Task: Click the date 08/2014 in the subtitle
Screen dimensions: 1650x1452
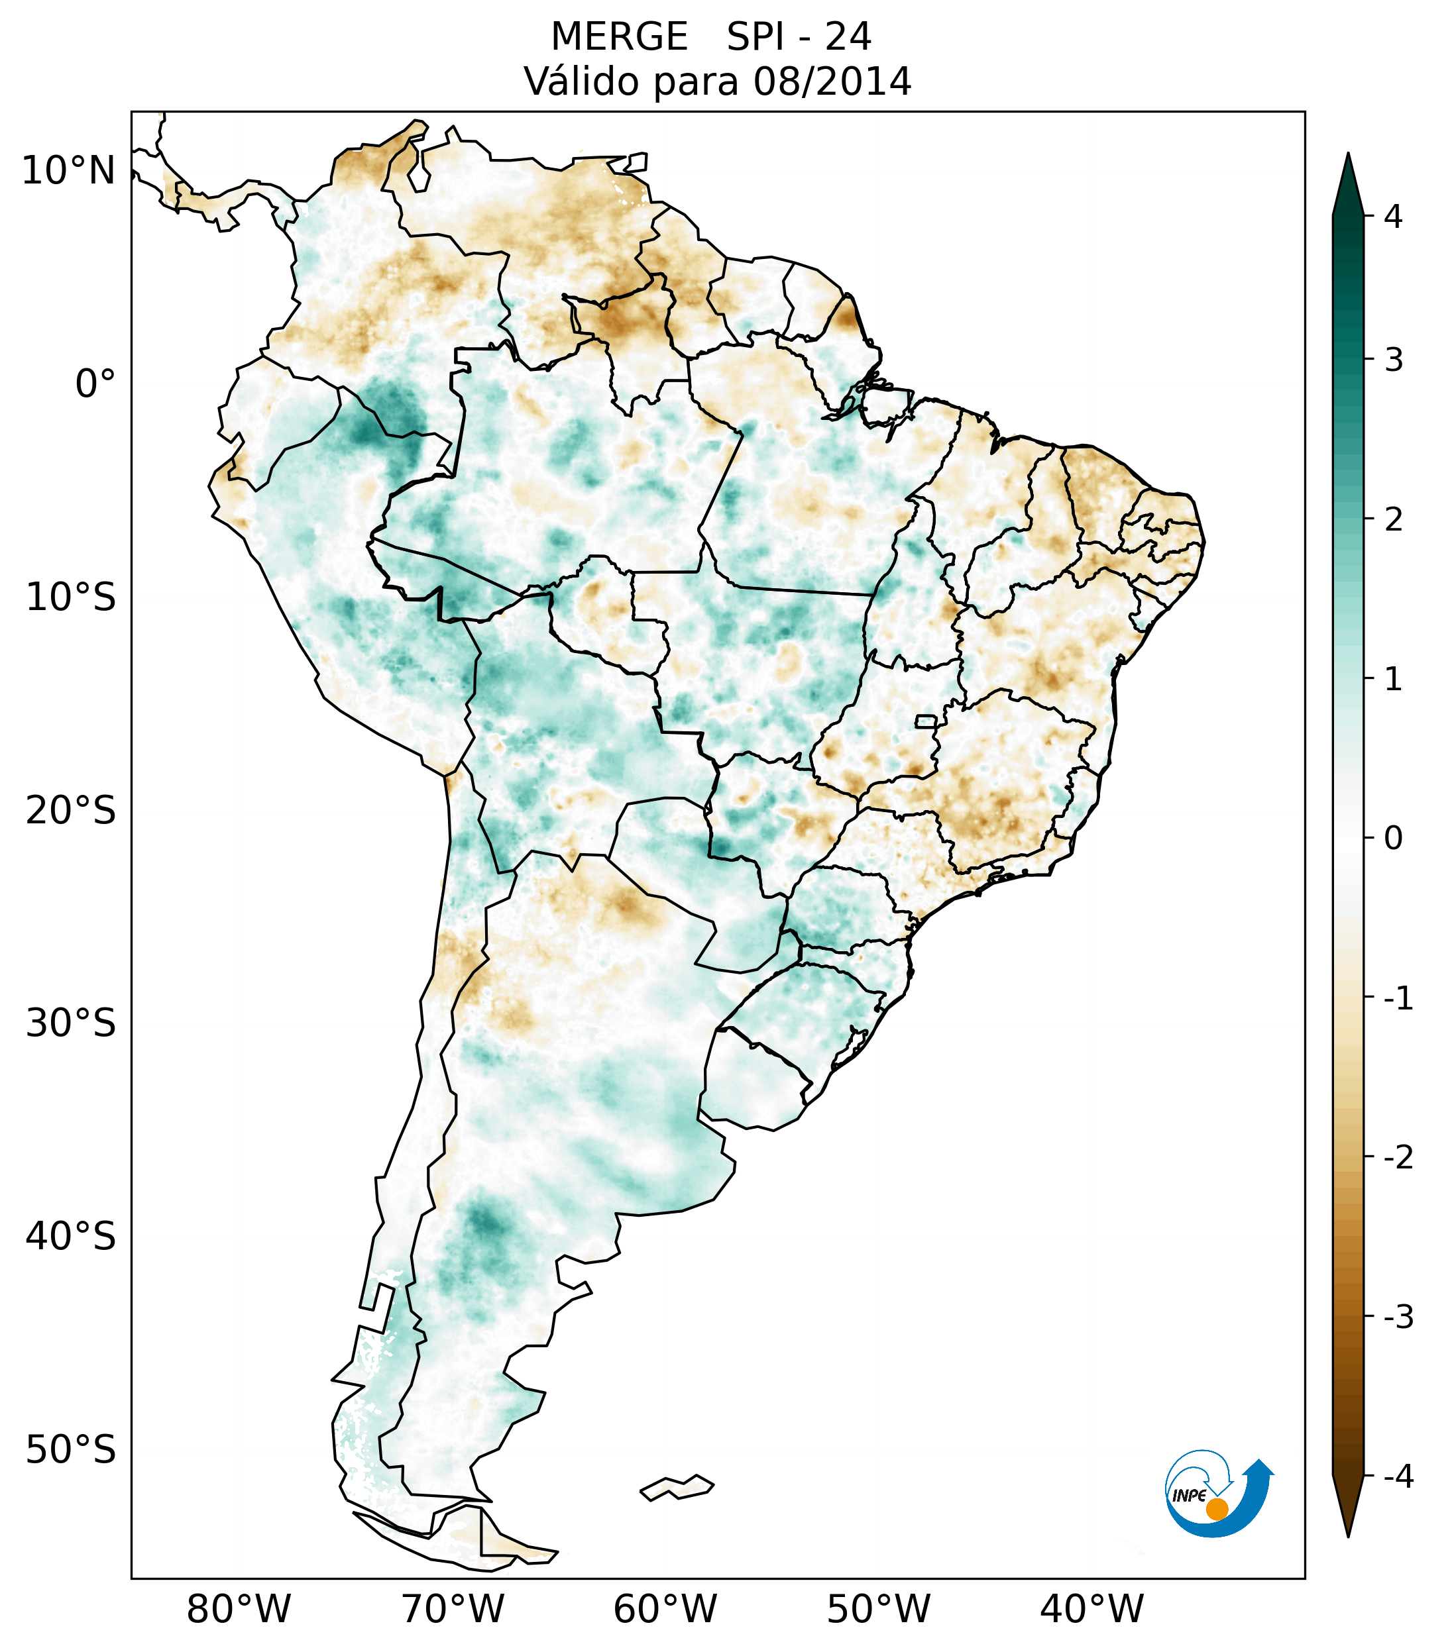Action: (832, 81)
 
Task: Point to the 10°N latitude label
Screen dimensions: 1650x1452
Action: (69, 171)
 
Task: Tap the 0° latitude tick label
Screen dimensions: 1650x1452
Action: (95, 384)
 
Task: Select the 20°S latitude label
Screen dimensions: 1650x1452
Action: (71, 811)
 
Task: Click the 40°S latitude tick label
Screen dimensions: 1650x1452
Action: (71, 1237)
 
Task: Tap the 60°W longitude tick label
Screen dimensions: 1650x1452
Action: (665, 1609)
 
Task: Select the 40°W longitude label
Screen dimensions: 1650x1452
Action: (1092, 1609)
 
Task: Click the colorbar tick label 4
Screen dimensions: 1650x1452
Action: (1393, 217)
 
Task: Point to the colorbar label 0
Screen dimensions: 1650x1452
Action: (1393, 839)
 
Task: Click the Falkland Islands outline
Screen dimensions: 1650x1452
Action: (677, 1487)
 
